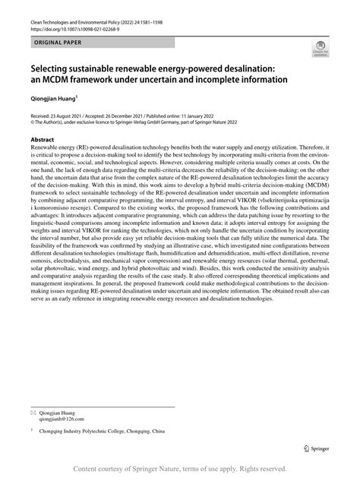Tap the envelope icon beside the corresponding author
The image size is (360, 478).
tap(32, 412)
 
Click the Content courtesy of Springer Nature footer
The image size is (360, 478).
tap(179, 470)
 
